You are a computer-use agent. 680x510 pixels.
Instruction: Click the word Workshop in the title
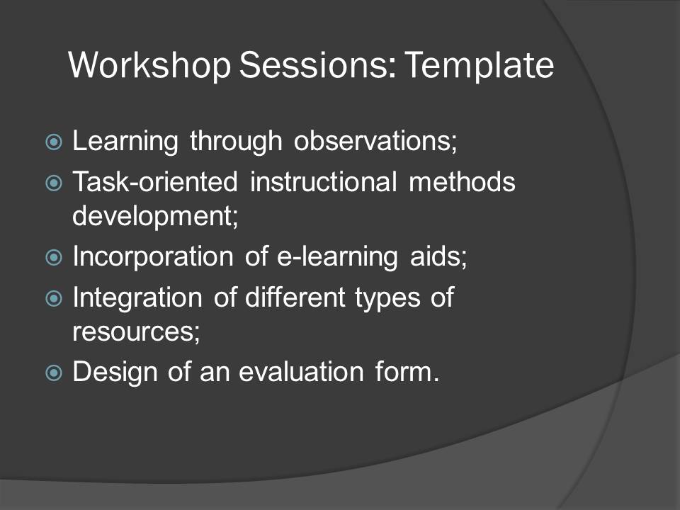(149, 66)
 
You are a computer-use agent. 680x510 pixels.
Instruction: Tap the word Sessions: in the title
(317, 65)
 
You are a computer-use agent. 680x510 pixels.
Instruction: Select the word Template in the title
(480, 66)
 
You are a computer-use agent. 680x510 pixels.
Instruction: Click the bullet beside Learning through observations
(54, 142)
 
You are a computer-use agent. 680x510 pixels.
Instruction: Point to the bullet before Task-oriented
(54, 183)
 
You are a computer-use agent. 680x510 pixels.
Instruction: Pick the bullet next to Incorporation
(54, 258)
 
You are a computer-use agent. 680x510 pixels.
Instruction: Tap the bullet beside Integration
(54, 298)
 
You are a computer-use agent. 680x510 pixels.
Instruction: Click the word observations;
(375, 141)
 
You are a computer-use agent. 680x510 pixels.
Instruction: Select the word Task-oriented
(155, 181)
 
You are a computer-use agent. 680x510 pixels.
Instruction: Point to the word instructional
(324, 181)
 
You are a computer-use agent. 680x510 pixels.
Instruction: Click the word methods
(463, 181)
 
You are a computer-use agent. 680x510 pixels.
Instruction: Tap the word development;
(155, 216)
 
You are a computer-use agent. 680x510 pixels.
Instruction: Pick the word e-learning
(337, 256)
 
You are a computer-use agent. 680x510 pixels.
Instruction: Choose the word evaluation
(302, 372)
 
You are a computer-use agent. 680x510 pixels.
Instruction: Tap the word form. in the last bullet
(407, 372)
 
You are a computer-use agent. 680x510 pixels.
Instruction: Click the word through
(237, 142)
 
